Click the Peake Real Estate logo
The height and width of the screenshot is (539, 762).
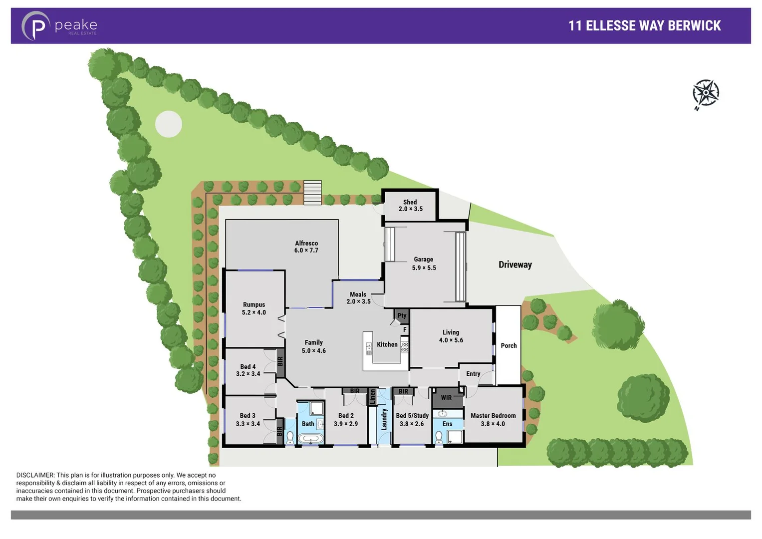coord(59,25)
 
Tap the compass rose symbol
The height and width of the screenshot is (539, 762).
coord(705,93)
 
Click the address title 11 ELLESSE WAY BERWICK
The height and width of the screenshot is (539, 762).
coord(644,26)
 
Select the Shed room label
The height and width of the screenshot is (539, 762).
coord(410,202)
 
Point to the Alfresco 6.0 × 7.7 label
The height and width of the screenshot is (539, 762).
coord(306,247)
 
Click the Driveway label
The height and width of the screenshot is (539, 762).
coord(515,265)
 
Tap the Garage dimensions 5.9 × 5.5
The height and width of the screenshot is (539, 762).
coord(424,268)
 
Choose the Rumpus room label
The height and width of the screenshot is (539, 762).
coord(254,304)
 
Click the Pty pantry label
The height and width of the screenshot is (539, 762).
coord(402,315)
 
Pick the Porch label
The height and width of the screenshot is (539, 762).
coord(508,345)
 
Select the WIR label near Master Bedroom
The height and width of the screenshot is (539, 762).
coord(446,398)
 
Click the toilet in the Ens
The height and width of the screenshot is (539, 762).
coord(439,438)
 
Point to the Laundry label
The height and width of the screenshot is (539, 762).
coord(384,419)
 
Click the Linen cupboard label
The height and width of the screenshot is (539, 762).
coord(372,397)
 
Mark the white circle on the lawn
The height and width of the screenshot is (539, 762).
coord(169,124)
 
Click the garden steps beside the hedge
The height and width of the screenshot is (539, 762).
coord(312,193)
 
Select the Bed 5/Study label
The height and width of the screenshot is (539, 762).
coord(412,415)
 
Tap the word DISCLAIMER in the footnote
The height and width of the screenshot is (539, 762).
coord(35,475)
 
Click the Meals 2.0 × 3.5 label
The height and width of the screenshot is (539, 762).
coord(358,298)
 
